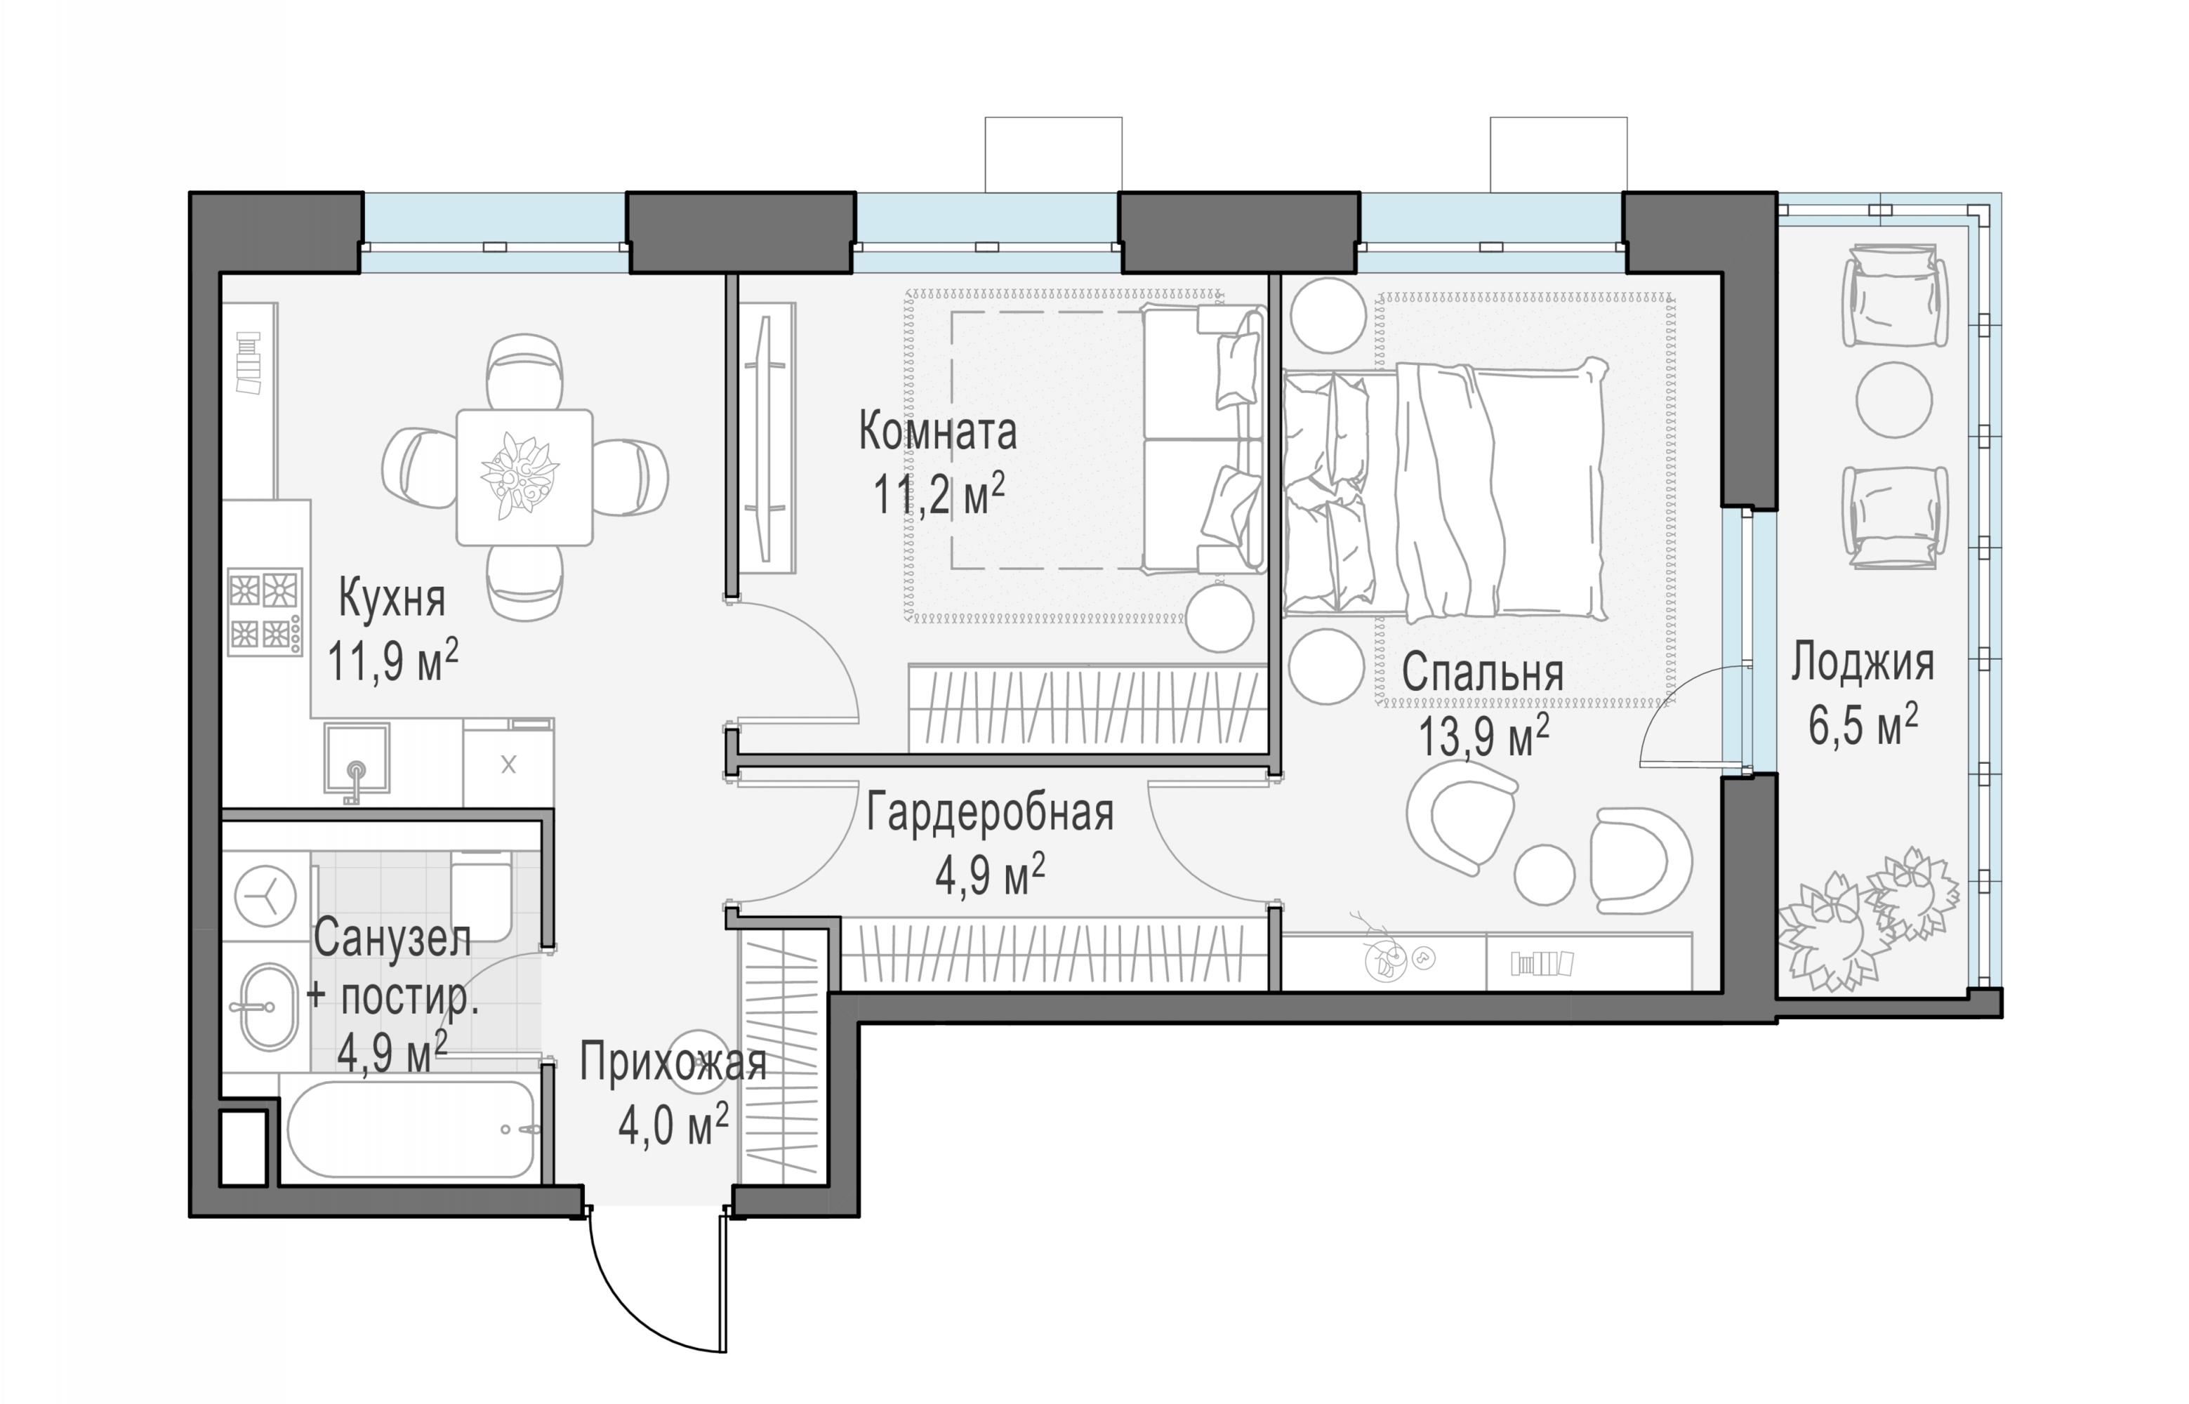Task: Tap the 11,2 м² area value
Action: (x=939, y=495)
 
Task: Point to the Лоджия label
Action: (x=1863, y=663)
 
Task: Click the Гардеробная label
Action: (x=990, y=812)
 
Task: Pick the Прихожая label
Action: (x=673, y=1063)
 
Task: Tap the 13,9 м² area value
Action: (x=1483, y=736)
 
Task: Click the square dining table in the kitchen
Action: (x=524, y=477)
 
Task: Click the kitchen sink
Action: (x=357, y=757)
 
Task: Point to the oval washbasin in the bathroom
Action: (x=269, y=1007)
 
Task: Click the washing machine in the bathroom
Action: (x=265, y=896)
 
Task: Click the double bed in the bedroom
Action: (x=1445, y=489)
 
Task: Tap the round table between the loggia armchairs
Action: (x=1895, y=399)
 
